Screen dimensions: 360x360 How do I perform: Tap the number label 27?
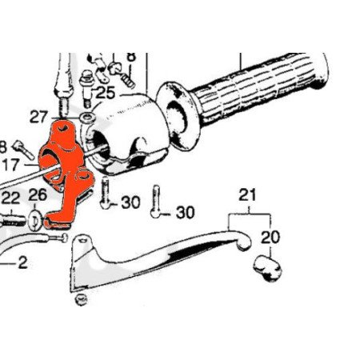[38, 117]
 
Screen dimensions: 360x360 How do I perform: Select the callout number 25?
[106, 93]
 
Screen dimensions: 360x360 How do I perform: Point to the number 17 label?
[10, 165]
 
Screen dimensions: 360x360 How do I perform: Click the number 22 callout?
[10, 198]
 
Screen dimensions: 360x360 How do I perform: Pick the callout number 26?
[38, 194]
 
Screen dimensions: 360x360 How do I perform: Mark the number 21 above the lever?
[247, 194]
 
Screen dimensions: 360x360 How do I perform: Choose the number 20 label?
[270, 238]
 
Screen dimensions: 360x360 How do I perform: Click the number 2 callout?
[22, 262]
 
